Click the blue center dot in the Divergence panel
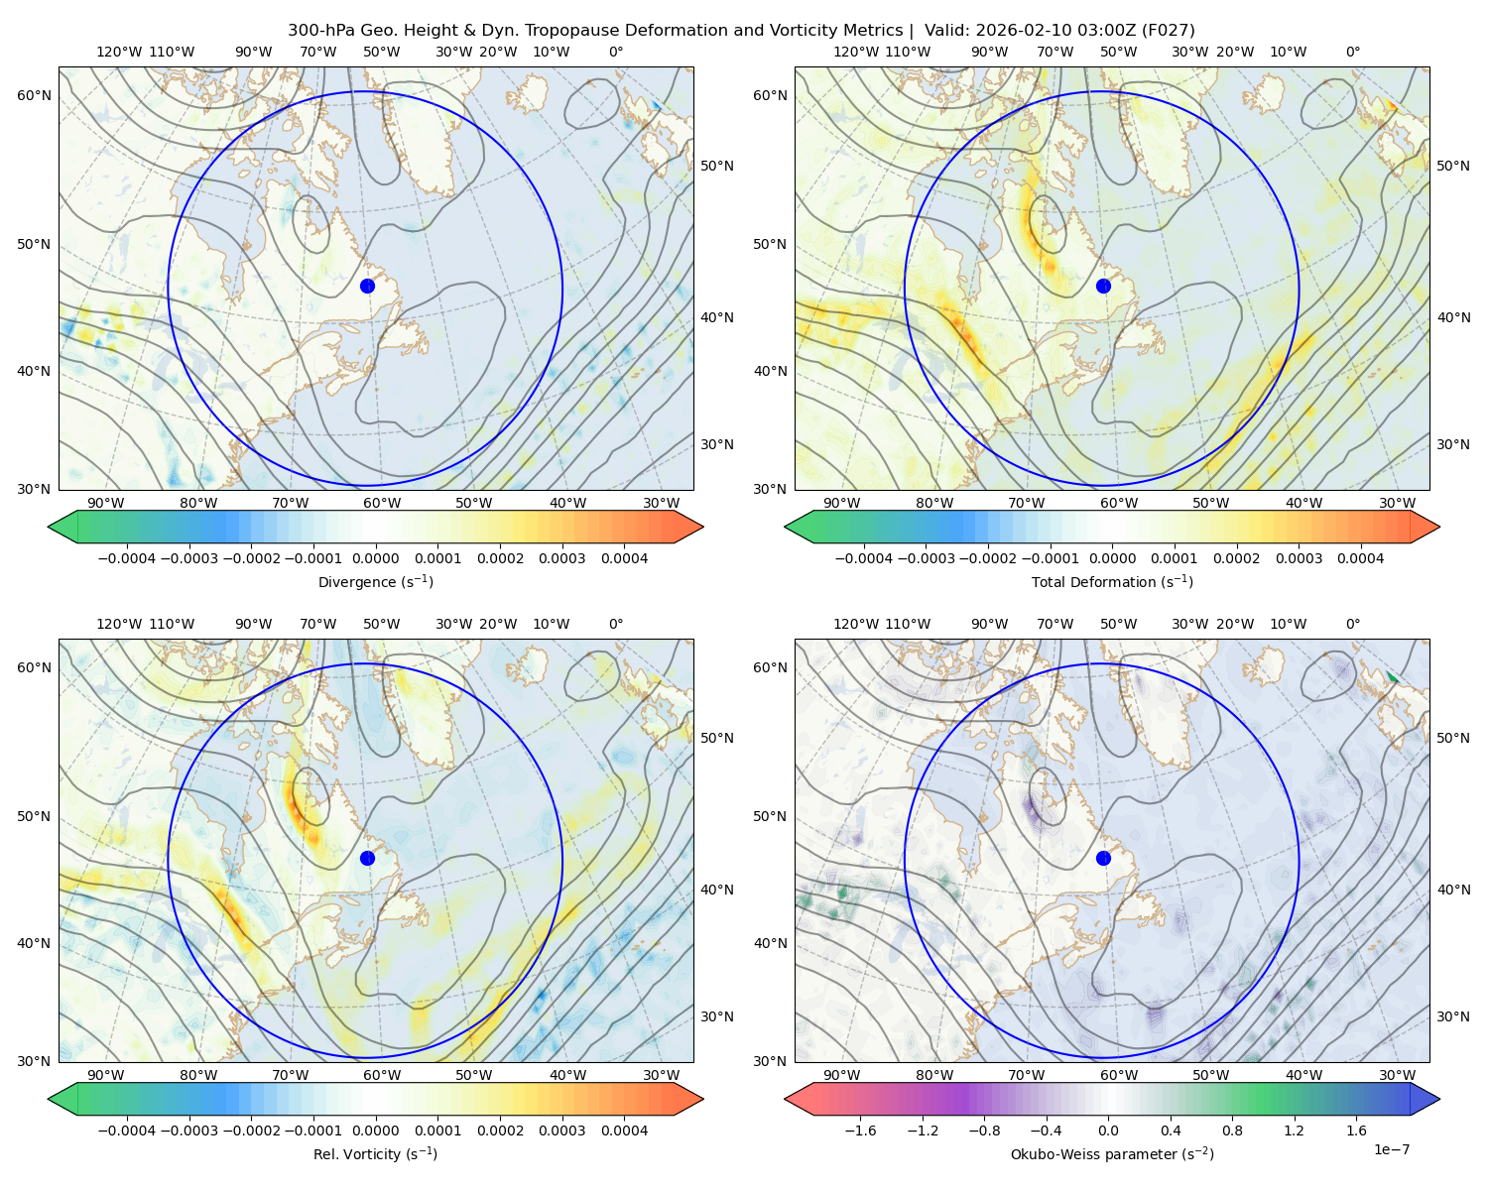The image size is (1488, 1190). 367,287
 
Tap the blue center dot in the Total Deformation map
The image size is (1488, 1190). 1103,287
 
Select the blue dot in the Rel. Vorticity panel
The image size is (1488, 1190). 367,858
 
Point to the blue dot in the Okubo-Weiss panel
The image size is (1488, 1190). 1103,858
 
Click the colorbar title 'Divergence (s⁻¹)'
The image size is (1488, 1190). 375,581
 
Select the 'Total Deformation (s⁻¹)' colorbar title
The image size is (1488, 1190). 1112,581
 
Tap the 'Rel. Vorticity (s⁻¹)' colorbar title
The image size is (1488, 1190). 375,1154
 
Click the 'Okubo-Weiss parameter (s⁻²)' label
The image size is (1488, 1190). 1112,1154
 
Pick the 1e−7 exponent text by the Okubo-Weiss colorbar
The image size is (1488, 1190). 1391,1149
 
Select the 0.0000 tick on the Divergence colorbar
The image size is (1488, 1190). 375,558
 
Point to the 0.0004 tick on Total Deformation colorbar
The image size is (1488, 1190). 1360,558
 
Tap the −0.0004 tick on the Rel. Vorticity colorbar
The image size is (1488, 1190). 127,1130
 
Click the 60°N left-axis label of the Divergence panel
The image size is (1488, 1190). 34,95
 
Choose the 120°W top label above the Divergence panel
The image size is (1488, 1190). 119,52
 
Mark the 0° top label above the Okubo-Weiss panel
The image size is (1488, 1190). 1352,624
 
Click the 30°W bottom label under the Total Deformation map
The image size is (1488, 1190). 1397,503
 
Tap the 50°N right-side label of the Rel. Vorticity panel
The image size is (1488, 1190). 717,738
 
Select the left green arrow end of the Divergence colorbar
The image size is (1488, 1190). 62,527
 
